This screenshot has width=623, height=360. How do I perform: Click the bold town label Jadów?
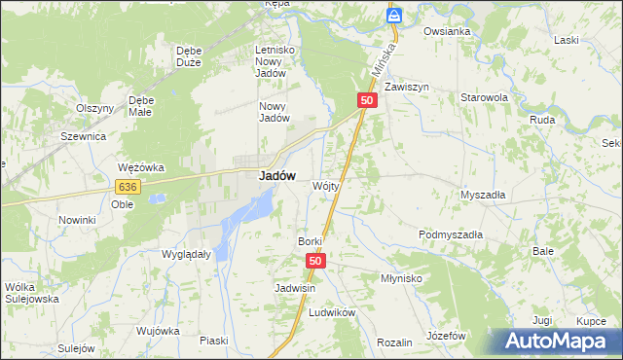[x=276, y=176]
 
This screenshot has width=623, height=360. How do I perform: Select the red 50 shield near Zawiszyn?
[x=366, y=100]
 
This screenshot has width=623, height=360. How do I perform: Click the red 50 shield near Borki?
[x=315, y=261]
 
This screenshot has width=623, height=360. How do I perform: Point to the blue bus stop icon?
[x=394, y=15]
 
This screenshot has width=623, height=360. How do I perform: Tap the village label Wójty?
[x=325, y=185]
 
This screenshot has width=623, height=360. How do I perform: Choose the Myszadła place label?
[x=483, y=194]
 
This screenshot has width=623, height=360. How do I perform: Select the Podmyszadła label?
[x=451, y=234]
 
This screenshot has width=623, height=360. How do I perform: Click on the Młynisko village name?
[x=400, y=277]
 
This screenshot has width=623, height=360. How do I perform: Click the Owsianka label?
[x=447, y=31]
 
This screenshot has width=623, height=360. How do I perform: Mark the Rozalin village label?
[x=394, y=342]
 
